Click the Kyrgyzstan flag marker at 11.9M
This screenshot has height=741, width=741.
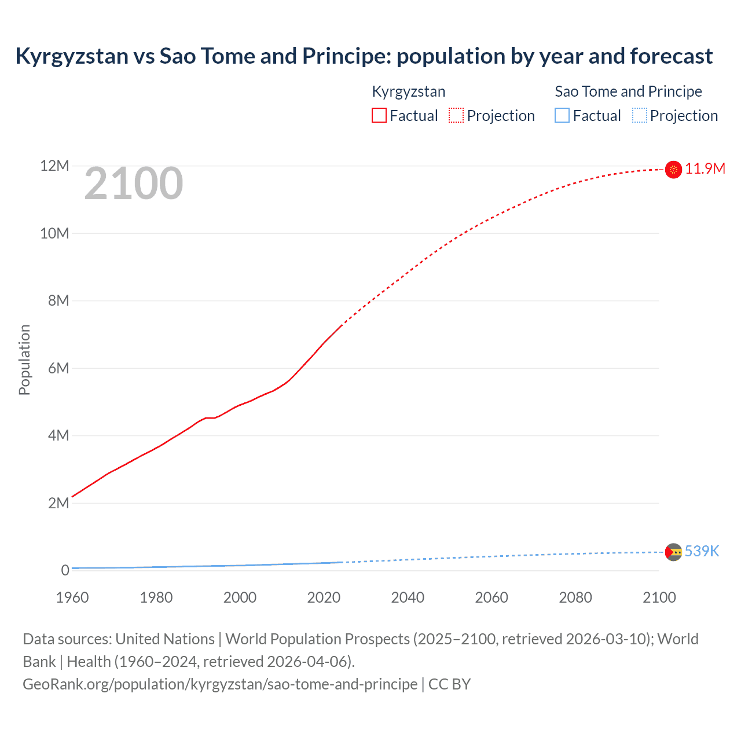tap(673, 169)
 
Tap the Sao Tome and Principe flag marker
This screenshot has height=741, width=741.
tap(673, 552)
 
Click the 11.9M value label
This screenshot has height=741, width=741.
tap(705, 168)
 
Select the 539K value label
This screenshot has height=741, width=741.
tap(702, 551)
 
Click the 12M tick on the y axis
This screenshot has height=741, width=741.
tap(54, 166)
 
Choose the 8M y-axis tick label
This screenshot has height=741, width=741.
tap(58, 300)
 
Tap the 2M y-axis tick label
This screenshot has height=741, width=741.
tap(58, 502)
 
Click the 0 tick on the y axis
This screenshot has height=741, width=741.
tap(65, 570)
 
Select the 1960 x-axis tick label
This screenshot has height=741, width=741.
tap(72, 597)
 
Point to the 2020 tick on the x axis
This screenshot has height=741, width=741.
tap(324, 597)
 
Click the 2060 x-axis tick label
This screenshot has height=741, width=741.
tap(491, 597)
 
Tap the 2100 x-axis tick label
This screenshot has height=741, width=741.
tap(659, 597)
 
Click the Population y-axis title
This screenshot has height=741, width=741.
tap(24, 360)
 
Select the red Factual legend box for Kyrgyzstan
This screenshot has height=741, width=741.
tap(379, 116)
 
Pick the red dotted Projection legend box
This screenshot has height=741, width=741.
tap(456, 116)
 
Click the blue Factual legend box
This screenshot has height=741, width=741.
tap(562, 116)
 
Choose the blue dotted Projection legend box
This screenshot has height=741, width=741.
tap(639, 116)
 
